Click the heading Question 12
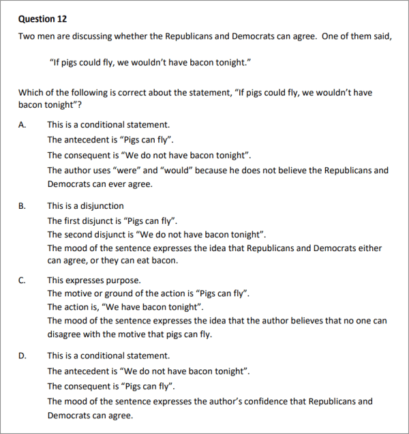click(x=42, y=18)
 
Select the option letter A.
click(x=22, y=125)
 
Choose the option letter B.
click(x=22, y=205)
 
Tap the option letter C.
click(x=22, y=280)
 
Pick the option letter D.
click(x=22, y=356)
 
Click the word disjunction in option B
click(x=103, y=205)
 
